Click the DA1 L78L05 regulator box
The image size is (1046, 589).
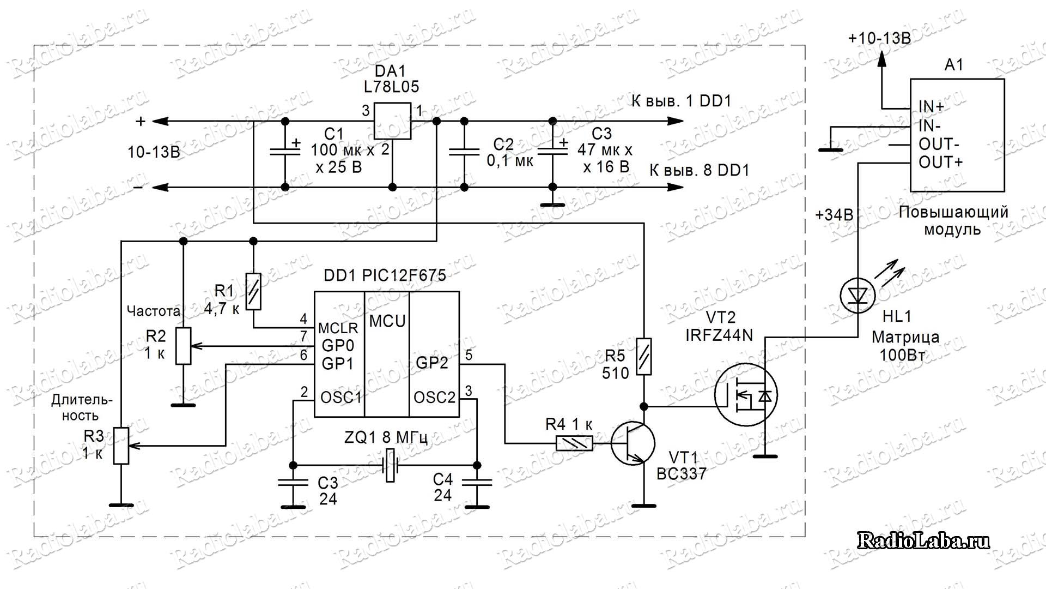click(x=392, y=121)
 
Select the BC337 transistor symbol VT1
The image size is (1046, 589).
click(x=633, y=443)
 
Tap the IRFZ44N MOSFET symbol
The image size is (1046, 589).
click(x=746, y=395)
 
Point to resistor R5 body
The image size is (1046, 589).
click(x=644, y=356)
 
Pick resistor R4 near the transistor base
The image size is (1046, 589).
click(x=574, y=443)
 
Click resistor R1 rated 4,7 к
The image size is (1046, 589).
click(x=253, y=291)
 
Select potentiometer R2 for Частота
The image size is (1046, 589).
click(x=183, y=346)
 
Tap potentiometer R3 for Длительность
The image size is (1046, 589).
click(x=121, y=446)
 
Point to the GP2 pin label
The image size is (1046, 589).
click(x=432, y=363)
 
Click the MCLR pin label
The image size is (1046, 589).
click(x=338, y=328)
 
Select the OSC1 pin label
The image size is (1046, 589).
click(x=341, y=398)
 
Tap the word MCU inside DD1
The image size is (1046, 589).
click(x=387, y=321)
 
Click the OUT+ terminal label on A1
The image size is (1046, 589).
click(x=941, y=163)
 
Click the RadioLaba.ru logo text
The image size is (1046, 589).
click(x=923, y=540)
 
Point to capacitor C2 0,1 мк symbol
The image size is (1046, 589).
click(x=464, y=154)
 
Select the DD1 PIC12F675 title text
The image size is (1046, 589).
click(x=385, y=275)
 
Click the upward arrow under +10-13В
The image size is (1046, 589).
click(x=881, y=58)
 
